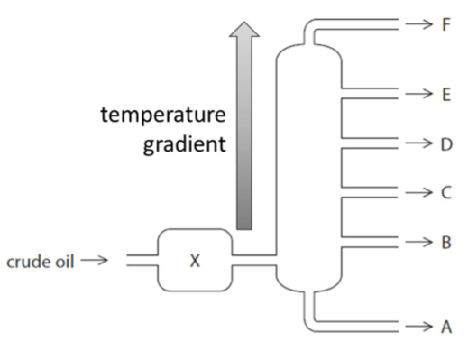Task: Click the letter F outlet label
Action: tap(446, 24)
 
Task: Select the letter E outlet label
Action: tap(446, 95)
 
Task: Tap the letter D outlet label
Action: tap(446, 144)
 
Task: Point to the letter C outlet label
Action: tap(446, 192)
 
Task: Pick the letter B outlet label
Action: tap(446, 242)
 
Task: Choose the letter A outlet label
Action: tap(446, 327)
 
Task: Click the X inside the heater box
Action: tap(195, 261)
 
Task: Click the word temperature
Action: tap(163, 115)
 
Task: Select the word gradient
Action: tap(184, 145)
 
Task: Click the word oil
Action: tap(64, 262)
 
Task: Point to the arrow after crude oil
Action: tap(94, 260)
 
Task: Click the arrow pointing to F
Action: tap(419, 23)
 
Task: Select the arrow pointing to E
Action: tap(419, 94)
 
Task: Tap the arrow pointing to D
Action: tap(419, 143)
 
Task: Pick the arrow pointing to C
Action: tap(419, 192)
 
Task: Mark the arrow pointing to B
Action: tap(419, 242)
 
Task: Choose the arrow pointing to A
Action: tap(419, 327)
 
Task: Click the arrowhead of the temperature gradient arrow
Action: tap(244, 30)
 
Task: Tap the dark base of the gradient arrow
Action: tap(244, 221)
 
